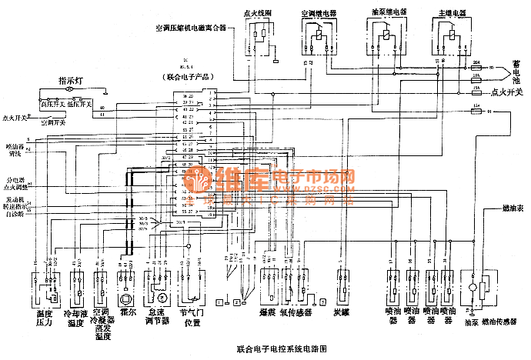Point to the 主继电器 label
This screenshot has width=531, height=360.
tap(447, 13)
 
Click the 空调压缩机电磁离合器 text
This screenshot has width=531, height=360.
tap(191, 28)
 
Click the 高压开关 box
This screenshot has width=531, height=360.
tap(53, 103)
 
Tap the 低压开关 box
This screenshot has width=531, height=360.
tap(79, 103)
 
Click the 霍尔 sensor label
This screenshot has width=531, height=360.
tap(128, 313)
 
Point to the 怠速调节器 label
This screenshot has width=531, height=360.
tap(158, 317)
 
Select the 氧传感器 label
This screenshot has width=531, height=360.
tap(296, 313)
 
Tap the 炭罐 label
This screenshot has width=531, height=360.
tap(342, 313)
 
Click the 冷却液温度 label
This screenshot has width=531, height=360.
tap(75, 317)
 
